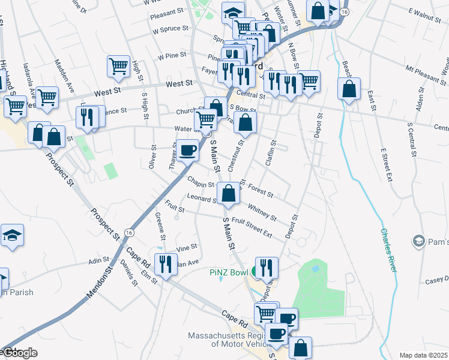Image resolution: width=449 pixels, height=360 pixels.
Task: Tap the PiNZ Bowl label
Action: (229, 272)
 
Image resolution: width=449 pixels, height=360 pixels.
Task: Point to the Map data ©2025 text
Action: (424, 355)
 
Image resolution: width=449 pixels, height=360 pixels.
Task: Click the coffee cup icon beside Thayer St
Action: (187, 150)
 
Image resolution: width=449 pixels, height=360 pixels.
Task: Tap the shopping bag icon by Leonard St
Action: (228, 194)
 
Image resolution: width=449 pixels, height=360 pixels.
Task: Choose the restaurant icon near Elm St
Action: (165, 263)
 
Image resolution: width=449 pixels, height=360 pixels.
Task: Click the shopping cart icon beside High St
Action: (119, 66)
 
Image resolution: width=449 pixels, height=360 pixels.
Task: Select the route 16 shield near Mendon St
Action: (129, 232)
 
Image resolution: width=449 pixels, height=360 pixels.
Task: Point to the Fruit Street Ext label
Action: (252, 227)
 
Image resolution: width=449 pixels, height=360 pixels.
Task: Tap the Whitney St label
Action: (262, 212)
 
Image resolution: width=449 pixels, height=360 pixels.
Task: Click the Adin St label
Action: (96, 261)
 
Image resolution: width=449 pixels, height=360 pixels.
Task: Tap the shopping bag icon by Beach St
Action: (349, 89)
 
